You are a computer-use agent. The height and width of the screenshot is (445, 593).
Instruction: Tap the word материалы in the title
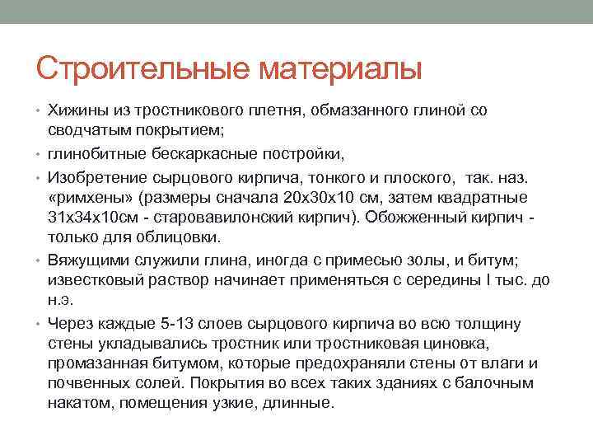point(341,68)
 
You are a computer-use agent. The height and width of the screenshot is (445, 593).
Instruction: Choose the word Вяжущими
point(88,260)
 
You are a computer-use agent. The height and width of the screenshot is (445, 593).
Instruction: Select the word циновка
point(455,344)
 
